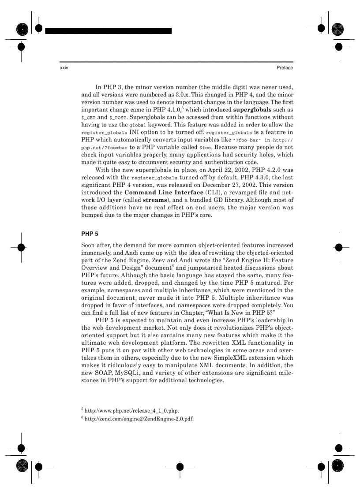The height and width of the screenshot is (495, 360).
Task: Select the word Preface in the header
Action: point(285,68)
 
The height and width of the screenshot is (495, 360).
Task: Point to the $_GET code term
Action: point(88,117)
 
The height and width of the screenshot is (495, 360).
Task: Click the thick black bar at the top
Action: point(108,31)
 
